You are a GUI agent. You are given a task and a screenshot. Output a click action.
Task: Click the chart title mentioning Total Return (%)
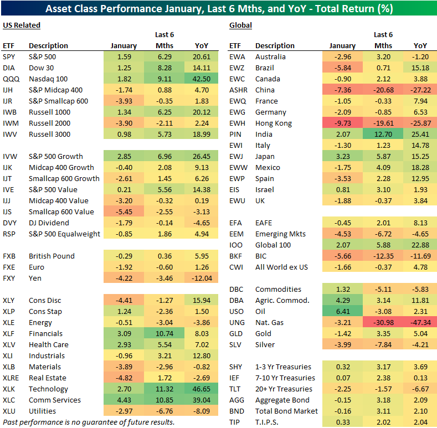coord(218,9)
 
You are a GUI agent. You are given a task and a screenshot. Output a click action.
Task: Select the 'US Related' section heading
coord(22,25)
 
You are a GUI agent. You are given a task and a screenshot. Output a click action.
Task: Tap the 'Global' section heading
coord(240,25)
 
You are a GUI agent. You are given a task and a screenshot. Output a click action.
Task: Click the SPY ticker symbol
coord(9,56)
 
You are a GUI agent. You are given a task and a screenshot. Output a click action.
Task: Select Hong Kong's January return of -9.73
coord(342,123)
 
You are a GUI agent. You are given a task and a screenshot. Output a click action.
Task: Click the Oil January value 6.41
coord(342,311)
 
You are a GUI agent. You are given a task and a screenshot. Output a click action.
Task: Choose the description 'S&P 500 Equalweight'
coord(64,234)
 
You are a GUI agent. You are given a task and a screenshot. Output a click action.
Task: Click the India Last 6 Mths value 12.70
coord(382,134)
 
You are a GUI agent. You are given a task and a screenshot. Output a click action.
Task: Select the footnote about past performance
coord(89,422)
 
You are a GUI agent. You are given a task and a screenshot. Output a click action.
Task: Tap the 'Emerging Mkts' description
coord(280,234)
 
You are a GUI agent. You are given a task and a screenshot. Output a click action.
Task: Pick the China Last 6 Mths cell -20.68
coord(382,90)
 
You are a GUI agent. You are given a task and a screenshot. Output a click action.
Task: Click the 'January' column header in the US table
coord(124,45)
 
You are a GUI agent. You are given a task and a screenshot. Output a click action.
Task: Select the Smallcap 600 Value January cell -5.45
coord(124,212)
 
